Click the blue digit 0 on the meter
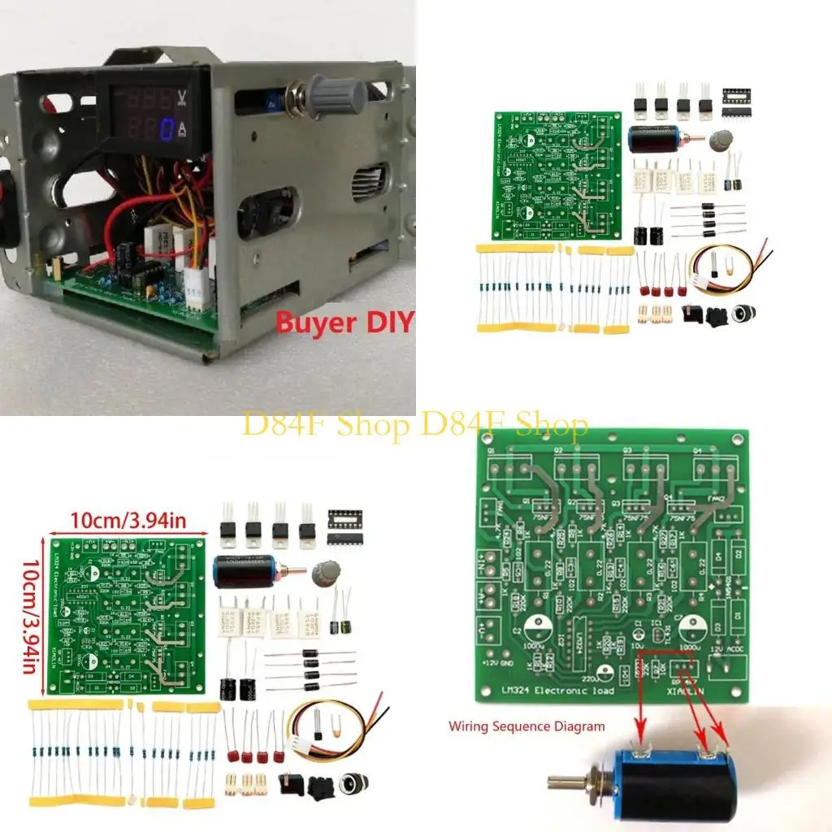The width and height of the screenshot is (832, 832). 165,129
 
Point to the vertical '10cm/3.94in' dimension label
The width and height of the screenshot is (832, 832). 31,615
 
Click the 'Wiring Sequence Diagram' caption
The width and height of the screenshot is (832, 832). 526,726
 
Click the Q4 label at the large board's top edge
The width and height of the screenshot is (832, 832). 696,449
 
